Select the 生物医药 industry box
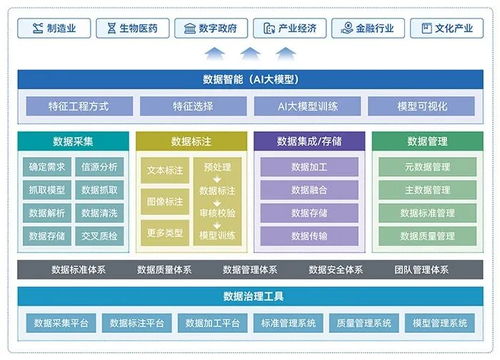tap(132, 29)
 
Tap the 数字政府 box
tap(211, 29)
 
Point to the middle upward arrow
tap(250, 52)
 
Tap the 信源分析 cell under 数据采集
tap(99, 167)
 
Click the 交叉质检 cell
tap(99, 236)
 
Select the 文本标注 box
tap(164, 170)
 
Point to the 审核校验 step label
tap(218, 213)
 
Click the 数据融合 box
tap(309, 190)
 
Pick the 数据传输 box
tap(309, 236)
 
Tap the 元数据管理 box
tap(426, 167)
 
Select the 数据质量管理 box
tap(426, 236)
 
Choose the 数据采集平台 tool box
tap(61, 323)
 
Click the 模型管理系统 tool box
tap(440, 323)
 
